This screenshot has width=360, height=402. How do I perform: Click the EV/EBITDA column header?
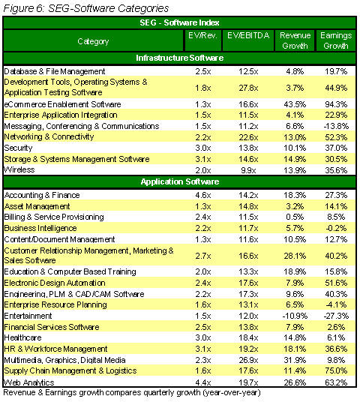248,35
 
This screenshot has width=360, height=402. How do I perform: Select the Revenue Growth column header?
295,40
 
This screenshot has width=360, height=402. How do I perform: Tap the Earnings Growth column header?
336,40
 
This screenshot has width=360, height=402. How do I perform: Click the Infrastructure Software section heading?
179,58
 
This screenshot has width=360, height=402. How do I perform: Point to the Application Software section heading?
180,181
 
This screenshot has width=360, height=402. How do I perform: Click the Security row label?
18,148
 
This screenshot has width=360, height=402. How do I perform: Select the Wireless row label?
19,169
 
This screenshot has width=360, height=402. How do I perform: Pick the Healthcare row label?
22,337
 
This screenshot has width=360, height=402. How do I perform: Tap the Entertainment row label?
28,316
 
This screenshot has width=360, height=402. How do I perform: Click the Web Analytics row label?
29,382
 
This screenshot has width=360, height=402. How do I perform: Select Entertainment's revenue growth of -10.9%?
295,316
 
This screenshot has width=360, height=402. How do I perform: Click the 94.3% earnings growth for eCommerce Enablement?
336,104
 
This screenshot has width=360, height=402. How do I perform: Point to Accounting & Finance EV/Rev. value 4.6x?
203,195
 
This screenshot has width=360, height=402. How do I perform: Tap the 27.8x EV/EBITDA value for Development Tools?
248,88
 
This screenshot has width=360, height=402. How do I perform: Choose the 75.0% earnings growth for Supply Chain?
336,370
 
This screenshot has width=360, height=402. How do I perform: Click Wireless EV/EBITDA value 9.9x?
248,170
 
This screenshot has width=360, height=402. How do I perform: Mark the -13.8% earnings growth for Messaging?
336,126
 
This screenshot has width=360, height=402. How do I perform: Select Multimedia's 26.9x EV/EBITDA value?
248,360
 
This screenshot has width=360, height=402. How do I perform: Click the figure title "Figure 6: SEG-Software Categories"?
86,8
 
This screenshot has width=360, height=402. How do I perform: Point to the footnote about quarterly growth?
132,393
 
